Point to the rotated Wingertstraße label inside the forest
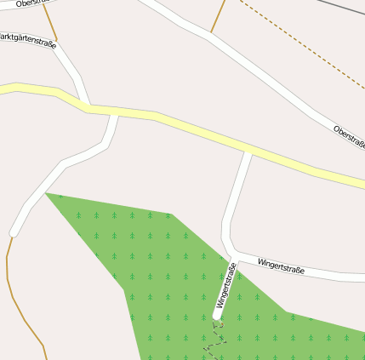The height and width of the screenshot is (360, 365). click(225, 287)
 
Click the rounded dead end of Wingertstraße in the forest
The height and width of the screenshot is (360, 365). click(218, 317)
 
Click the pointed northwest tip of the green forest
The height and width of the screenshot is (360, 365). click(47, 195)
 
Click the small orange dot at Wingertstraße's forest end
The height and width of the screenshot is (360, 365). click(220, 324)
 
